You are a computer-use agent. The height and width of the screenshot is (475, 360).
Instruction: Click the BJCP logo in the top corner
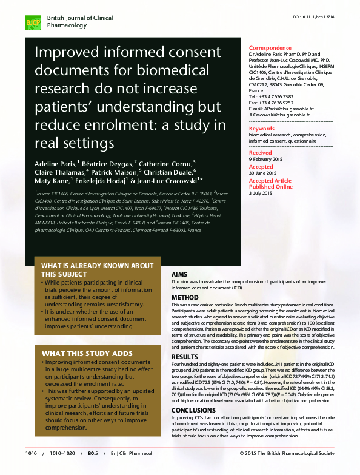click(x=32, y=23)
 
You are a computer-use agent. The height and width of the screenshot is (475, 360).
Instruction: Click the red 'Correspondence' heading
click(x=270, y=48)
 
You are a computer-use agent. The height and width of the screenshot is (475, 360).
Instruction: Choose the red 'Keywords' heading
click(x=262, y=129)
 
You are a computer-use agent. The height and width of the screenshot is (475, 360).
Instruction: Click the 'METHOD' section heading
click(x=185, y=297)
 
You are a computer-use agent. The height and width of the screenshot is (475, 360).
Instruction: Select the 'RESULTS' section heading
click(x=185, y=357)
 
